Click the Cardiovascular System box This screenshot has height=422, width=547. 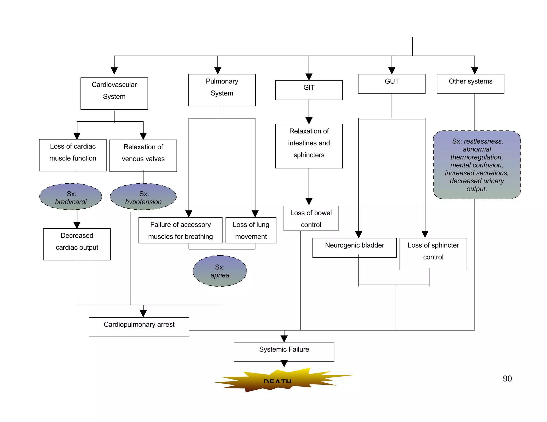point(114,93)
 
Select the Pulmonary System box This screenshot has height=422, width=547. point(222,90)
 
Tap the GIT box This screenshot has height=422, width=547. point(309,90)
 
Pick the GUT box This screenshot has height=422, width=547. point(392,84)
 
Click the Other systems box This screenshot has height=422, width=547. point(470,84)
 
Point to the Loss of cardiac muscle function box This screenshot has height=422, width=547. point(73,155)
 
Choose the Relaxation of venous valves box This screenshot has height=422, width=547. point(143,156)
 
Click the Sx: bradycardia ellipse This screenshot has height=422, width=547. point(71,197)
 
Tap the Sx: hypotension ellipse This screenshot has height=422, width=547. point(143,197)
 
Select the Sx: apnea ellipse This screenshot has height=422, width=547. point(220,271)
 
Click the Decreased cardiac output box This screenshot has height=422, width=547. point(77,244)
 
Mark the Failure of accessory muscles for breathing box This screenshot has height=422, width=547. point(180,230)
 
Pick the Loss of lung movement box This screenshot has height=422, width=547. point(251,230)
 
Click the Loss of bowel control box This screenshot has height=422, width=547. point(311,218)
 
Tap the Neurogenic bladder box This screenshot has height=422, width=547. point(354,248)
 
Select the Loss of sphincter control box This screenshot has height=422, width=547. point(433,254)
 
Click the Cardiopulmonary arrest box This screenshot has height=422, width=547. point(139,327)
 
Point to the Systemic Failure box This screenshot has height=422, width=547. point(284,352)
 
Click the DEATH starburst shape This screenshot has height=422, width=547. point(278,380)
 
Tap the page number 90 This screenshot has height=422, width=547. point(507,379)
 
